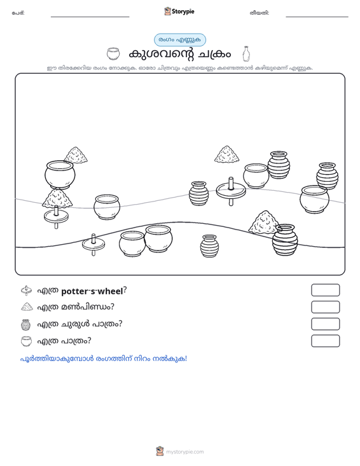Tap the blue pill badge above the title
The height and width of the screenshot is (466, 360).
(180, 40)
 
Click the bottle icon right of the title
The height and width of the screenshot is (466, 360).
(246, 54)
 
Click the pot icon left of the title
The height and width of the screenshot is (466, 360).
(113, 54)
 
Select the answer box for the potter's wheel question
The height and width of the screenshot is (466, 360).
(325, 290)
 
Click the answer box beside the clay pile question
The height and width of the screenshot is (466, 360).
(325, 307)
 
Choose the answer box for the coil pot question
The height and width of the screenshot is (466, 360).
(325, 324)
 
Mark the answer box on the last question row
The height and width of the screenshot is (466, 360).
(325, 341)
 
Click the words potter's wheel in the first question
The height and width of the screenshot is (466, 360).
(92, 291)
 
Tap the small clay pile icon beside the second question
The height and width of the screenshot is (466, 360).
(27, 306)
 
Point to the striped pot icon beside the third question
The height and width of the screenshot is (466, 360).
(26, 324)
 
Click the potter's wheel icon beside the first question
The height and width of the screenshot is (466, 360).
(27, 291)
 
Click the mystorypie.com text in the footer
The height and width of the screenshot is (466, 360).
(185, 452)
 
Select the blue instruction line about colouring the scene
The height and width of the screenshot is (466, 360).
(104, 359)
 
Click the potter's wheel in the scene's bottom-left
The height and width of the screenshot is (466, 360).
(93, 245)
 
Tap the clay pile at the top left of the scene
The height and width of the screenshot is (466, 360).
(76, 155)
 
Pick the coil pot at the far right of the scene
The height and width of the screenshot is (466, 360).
(327, 176)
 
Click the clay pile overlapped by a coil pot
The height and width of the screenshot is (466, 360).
(263, 223)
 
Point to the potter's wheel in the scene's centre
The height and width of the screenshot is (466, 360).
(231, 191)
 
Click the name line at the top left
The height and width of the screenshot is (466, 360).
(90, 17)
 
